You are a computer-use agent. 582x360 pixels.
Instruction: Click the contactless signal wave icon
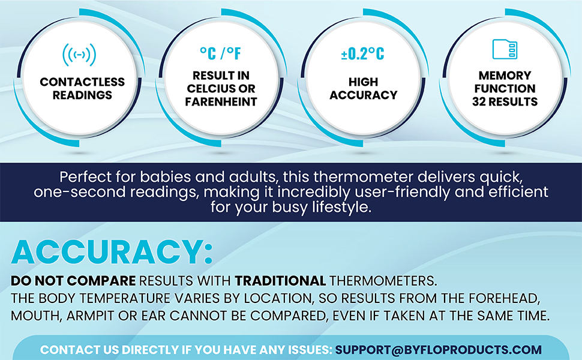tap(79, 55)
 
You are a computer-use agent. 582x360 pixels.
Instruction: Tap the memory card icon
tap(505, 49)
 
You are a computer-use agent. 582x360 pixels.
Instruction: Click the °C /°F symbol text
tap(220, 53)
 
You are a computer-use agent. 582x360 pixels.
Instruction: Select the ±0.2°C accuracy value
tap(362, 53)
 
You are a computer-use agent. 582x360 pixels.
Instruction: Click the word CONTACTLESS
tap(82, 82)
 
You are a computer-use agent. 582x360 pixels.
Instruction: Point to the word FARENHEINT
tap(221, 101)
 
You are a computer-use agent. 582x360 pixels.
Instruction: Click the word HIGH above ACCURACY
tap(364, 82)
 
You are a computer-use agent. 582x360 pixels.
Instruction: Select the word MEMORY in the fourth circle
tap(505, 76)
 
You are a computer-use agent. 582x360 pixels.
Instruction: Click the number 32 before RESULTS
tap(479, 101)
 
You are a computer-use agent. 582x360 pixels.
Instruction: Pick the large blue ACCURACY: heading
tap(112, 253)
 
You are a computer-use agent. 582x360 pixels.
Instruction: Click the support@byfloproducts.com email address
tap(439, 350)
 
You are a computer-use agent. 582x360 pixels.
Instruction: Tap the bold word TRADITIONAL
tap(280, 281)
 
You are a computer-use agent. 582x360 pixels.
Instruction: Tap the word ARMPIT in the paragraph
tap(90, 316)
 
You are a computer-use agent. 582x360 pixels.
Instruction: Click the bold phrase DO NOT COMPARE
tap(73, 281)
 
